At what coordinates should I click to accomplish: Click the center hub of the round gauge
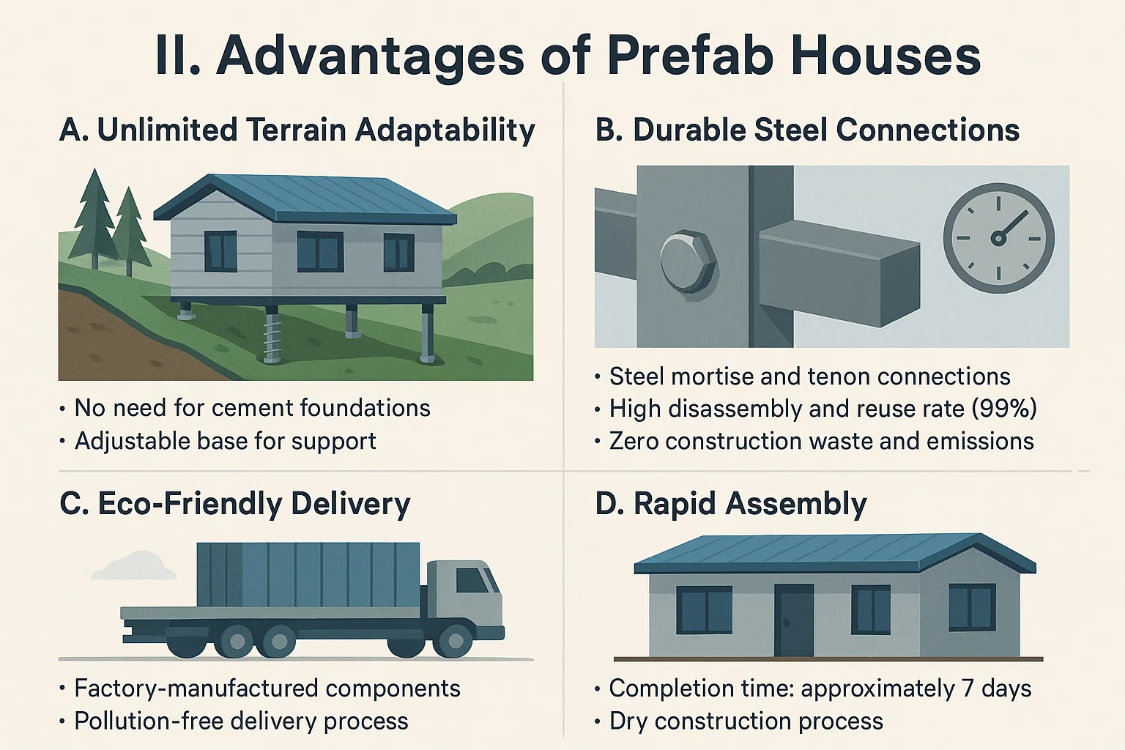pyautogui.click(x=998, y=237)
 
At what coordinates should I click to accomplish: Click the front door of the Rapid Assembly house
pyautogui.click(x=794, y=620)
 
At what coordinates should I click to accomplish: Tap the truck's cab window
pyautogui.click(x=472, y=580)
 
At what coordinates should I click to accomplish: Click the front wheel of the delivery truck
pyautogui.click(x=455, y=641)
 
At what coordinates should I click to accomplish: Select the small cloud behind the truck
pyautogui.click(x=135, y=565)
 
